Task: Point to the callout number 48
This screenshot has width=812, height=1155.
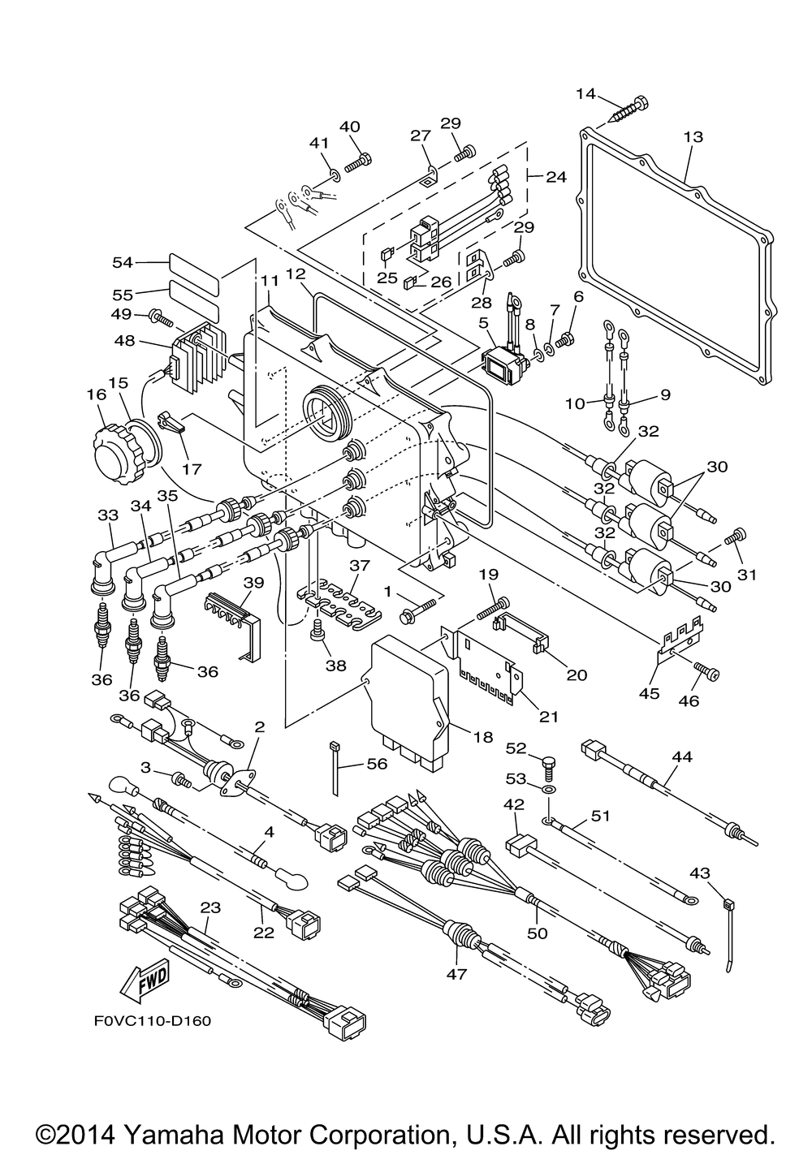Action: pos(125,343)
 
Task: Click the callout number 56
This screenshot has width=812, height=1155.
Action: pos(377,763)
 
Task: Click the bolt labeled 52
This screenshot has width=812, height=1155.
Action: pos(549,764)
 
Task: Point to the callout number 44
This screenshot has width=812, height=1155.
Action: pos(682,756)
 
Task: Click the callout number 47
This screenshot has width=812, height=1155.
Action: pos(457,973)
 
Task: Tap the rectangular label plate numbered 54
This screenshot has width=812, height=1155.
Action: pos(194,264)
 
